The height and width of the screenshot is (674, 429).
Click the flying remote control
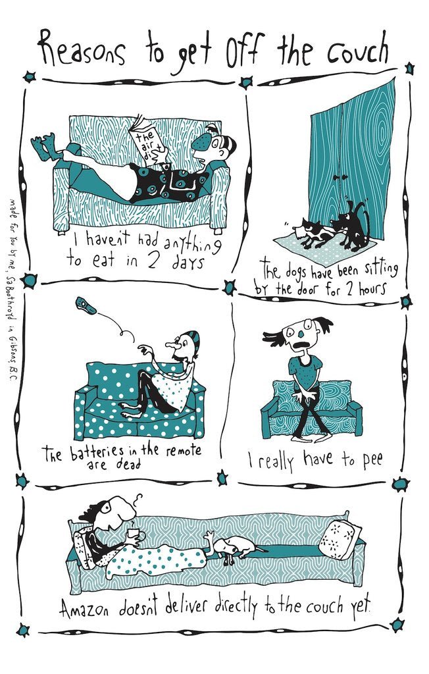tap(86, 306)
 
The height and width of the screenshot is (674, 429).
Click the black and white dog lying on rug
tap(316, 232)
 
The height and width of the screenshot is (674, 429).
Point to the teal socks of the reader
tap(47, 146)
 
